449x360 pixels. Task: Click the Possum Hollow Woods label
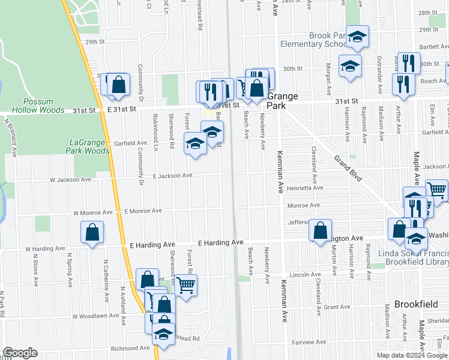tap(44, 106)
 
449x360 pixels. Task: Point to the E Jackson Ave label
tap(172, 176)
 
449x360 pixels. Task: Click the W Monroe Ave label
tap(93, 212)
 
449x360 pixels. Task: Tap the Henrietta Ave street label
tap(305, 188)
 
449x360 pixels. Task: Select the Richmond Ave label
tap(130, 348)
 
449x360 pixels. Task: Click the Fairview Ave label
tap(306, 342)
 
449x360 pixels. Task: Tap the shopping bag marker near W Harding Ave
tap(92, 233)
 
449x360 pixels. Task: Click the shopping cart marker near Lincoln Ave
tap(185, 286)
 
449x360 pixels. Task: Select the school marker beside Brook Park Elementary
tap(357, 38)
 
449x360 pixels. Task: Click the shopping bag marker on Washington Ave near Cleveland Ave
tap(321, 230)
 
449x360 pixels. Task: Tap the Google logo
tap(20, 353)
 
